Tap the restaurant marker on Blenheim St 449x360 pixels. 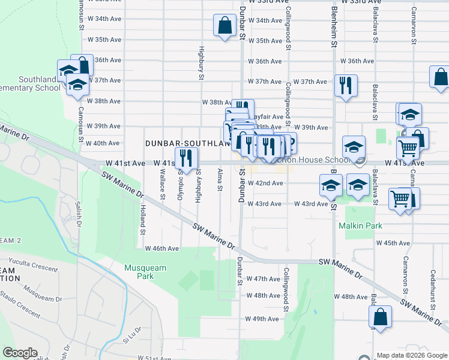[x=346, y=85]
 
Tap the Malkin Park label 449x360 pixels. [x=360, y=226]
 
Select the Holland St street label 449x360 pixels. [x=142, y=220]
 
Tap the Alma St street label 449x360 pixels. [x=220, y=180]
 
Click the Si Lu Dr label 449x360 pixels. [x=131, y=336]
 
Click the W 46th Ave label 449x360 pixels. [x=161, y=248]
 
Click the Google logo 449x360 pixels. [x=20, y=353]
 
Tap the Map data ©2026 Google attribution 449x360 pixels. [x=412, y=355]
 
